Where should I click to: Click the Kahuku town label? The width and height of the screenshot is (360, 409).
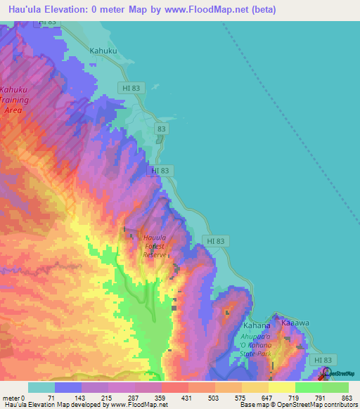(102, 51)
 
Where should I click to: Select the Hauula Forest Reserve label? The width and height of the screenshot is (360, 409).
(154, 246)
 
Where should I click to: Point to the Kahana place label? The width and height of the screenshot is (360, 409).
(256, 326)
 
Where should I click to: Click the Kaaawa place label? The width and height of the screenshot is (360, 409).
(296, 323)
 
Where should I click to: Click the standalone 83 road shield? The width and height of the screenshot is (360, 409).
(162, 129)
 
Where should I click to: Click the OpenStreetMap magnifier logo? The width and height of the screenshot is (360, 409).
(327, 373)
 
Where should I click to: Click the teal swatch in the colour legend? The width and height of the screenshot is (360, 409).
(41, 387)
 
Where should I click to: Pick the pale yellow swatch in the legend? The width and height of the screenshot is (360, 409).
(281, 387)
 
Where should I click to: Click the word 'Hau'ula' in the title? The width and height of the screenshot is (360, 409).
(22, 10)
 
